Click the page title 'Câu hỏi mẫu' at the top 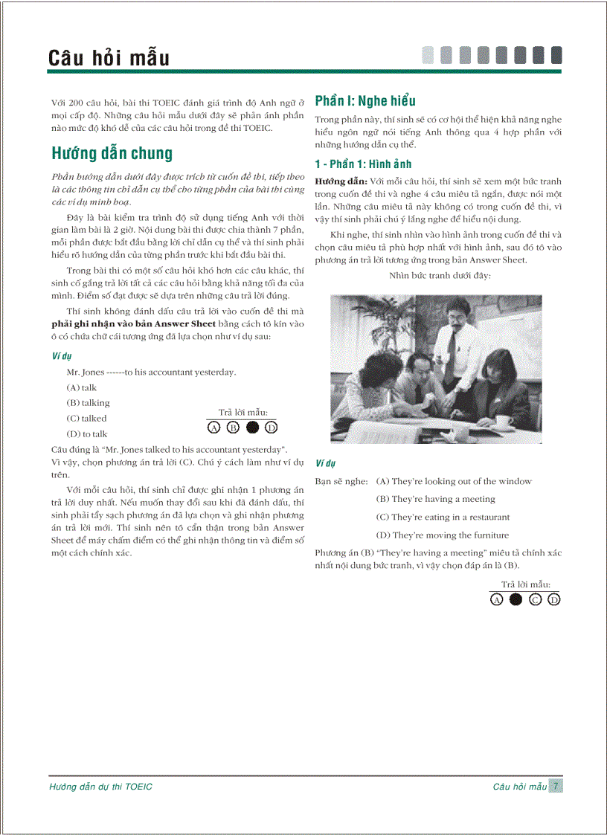pyautogui.click(x=109, y=58)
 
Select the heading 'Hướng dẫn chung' pyautogui.click(x=112, y=154)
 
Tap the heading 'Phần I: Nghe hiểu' pyautogui.click(x=365, y=101)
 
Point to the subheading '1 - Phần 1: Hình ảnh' pyautogui.click(x=363, y=164)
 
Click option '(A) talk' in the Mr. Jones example pyautogui.click(x=81, y=387)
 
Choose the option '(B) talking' pyautogui.click(x=87, y=403)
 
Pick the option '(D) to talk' pyautogui.click(x=86, y=433)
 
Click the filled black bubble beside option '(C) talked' pyautogui.click(x=252, y=428)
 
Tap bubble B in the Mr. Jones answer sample pyautogui.click(x=233, y=428)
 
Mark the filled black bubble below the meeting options pyautogui.click(x=516, y=600)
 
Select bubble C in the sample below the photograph pyautogui.click(x=535, y=600)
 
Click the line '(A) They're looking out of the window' pyautogui.click(x=454, y=481)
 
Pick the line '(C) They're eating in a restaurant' pyautogui.click(x=443, y=518)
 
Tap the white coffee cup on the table pyautogui.click(x=504, y=421)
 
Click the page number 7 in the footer pyautogui.click(x=556, y=786)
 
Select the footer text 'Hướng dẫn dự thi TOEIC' pyautogui.click(x=100, y=787)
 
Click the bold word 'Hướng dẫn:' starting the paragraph pyautogui.click(x=341, y=181)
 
